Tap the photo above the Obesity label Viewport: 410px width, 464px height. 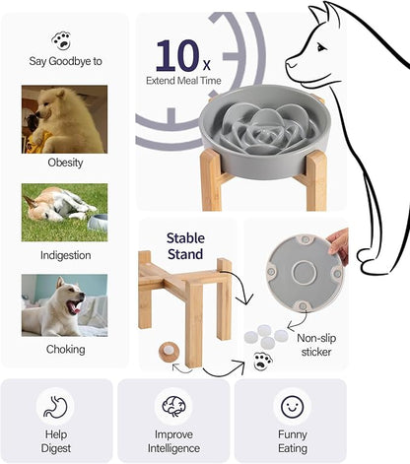click(x=64, y=117)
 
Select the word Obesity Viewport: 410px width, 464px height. click(x=64, y=162)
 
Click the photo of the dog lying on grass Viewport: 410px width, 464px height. click(x=64, y=211)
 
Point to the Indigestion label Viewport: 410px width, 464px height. click(x=64, y=255)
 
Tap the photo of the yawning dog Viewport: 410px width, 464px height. click(x=64, y=304)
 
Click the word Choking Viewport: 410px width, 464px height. click(x=64, y=349)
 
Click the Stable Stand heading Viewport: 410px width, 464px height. click(x=185, y=245)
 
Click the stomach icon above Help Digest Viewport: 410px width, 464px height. click(x=54, y=405)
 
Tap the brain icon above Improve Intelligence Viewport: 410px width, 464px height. click(x=174, y=405)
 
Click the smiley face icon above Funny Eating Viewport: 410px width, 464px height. click(x=291, y=405)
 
